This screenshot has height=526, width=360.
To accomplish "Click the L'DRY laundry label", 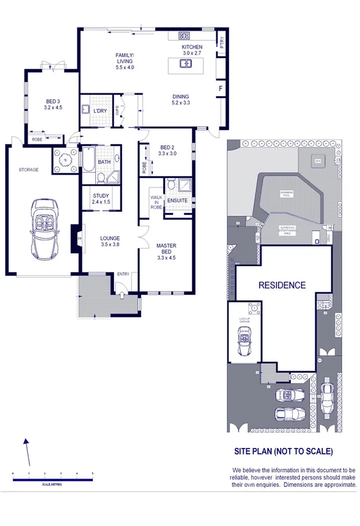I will click(x=100, y=111).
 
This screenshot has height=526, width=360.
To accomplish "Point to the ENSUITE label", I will click(x=177, y=201).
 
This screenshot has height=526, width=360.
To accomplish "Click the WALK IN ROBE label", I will click(x=156, y=198).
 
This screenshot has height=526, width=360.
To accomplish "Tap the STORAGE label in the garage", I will click(x=28, y=170).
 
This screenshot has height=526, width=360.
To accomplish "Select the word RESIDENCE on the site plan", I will click(x=282, y=285).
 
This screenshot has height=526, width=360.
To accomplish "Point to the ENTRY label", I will click(x=123, y=275).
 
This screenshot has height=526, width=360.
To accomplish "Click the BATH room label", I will click(x=104, y=162).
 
